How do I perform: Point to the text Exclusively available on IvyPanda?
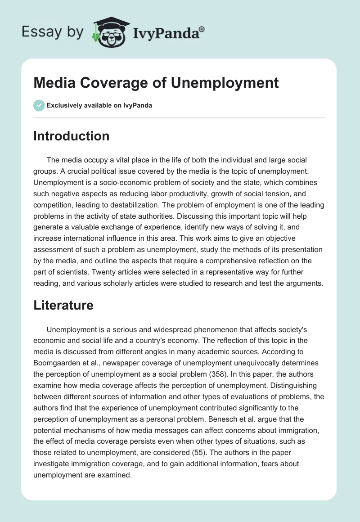click(x=99, y=106)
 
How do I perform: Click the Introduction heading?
click(x=71, y=136)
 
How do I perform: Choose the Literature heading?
click(x=63, y=305)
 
